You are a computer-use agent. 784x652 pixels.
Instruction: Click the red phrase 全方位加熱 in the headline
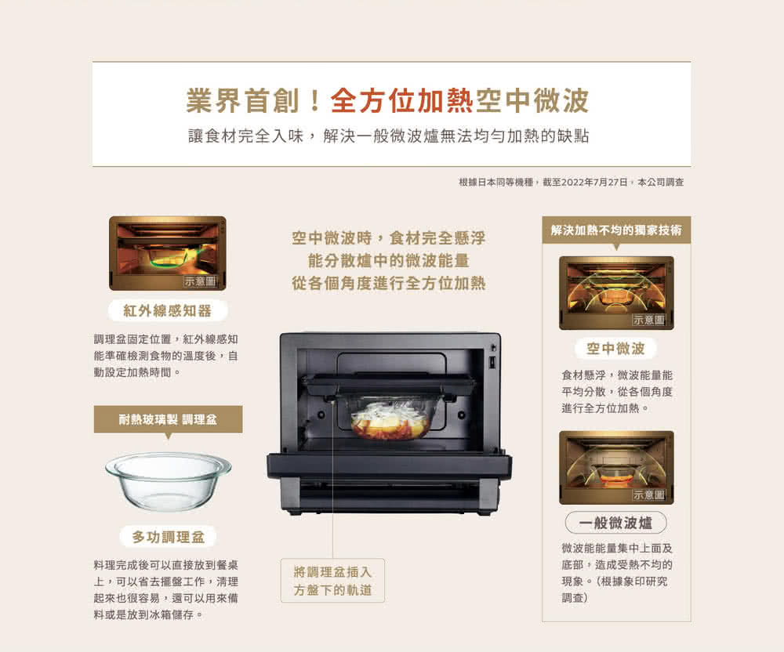click(402, 100)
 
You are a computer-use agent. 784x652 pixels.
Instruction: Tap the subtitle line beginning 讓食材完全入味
click(389, 136)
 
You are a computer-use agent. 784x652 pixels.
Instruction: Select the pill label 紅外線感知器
click(168, 311)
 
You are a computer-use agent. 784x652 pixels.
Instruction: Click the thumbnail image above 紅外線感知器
click(168, 253)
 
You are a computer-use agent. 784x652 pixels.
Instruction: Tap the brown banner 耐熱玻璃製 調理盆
click(168, 419)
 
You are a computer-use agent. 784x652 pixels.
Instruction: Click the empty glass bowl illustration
click(168, 480)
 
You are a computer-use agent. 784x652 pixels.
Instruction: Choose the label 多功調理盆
click(168, 537)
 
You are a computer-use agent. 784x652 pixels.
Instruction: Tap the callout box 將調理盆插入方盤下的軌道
click(332, 581)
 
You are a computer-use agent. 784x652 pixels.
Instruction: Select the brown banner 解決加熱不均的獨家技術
click(616, 230)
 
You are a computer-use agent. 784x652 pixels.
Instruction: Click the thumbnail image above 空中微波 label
click(616, 293)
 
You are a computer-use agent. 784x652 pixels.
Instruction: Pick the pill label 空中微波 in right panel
click(615, 348)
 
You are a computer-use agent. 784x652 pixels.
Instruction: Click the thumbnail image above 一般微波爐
click(616, 468)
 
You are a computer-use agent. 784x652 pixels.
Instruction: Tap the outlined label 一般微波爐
click(615, 523)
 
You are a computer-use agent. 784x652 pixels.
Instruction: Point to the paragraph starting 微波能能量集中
click(616, 573)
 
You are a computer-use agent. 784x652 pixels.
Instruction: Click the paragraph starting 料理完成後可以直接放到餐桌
click(166, 589)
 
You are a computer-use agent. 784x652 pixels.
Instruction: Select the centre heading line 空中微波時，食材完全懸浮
click(389, 237)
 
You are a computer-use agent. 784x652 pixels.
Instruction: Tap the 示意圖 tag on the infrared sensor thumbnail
click(200, 281)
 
